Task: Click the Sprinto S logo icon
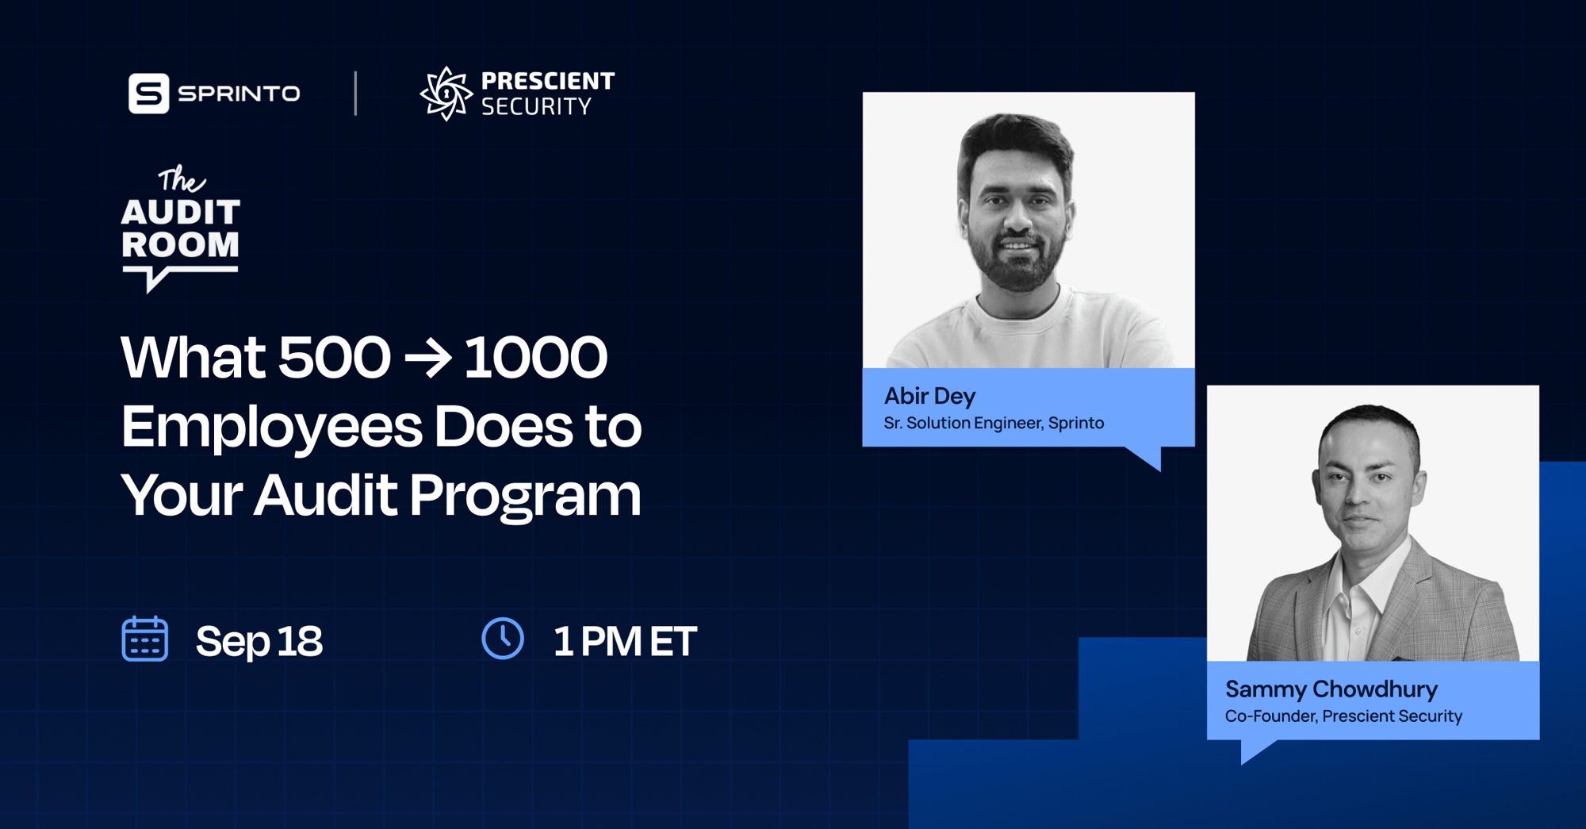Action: [x=149, y=94]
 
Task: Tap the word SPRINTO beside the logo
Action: [x=239, y=94]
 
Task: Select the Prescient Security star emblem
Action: [x=446, y=94]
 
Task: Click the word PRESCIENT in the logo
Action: [x=548, y=81]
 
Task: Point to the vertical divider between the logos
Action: [x=355, y=94]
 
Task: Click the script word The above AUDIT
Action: [x=182, y=179]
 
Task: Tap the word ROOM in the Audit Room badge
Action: [x=180, y=244]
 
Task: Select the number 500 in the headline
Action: [x=335, y=357]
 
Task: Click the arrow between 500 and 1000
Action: [x=428, y=359]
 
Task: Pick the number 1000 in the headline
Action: [x=535, y=357]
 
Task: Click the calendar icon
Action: [x=145, y=639]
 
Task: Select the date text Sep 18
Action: [x=259, y=641]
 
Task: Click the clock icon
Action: [x=503, y=639]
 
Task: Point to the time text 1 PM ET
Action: [x=625, y=641]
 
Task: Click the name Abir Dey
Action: [x=929, y=396]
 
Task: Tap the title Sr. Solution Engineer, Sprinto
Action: [x=994, y=423]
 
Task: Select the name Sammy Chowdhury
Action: [x=1331, y=689]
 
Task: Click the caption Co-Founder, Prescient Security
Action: [x=1343, y=716]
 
